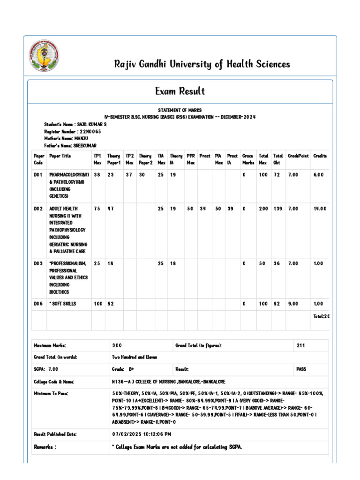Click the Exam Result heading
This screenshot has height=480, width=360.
tap(180, 91)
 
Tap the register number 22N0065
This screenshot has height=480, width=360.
tap(90, 132)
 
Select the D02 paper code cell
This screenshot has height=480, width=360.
tap(38, 209)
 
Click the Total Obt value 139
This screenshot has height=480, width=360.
tap(278, 209)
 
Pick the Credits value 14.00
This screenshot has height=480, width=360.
tap(320, 209)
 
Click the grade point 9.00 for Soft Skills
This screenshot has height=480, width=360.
tap(293, 304)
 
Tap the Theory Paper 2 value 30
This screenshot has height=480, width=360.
tap(142, 175)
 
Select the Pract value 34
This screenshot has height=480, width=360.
tap(202, 209)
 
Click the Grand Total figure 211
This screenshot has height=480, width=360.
tap(301, 345)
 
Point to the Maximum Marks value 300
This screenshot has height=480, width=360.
tap(117, 345)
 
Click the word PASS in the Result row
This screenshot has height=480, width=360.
tap(301, 369)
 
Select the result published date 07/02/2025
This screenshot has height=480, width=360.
tap(136, 435)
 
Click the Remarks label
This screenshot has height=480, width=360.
tap(45, 447)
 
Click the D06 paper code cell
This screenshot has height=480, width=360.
tap(38, 304)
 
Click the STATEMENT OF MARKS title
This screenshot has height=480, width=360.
tap(180, 110)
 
